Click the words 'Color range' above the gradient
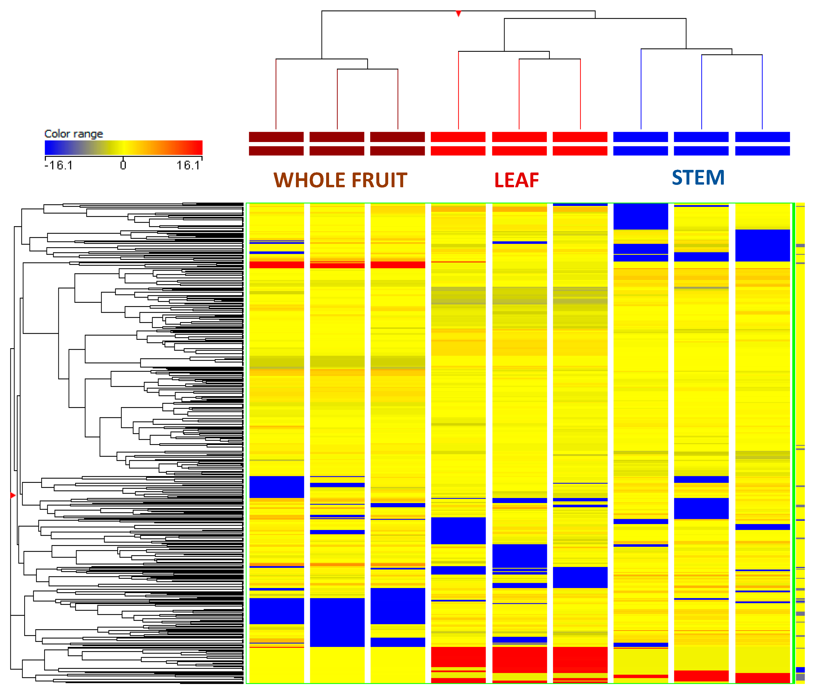pos(74,134)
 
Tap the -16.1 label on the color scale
pos(59,165)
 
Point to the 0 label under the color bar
pos(123,165)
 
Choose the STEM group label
pos(698,178)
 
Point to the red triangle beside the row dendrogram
pos(13,495)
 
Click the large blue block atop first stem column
pos(640,216)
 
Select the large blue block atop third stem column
pos(762,245)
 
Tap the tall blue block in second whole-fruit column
pos(337,622)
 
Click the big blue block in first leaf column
pos(458,531)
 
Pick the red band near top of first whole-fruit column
pos(276,265)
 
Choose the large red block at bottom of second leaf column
pos(519,660)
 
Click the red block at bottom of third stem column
pos(762,677)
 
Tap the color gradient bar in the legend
pos(124,148)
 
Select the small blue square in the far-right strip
pos(800,670)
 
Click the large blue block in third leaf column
pos(580,577)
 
